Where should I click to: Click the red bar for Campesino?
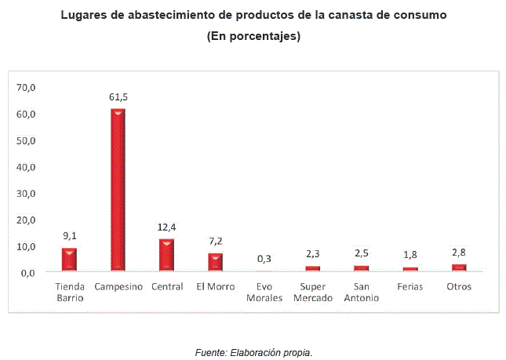point(118,190)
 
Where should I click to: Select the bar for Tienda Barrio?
point(69,260)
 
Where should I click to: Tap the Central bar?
point(166,255)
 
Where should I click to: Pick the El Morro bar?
point(215,262)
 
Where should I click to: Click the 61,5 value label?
point(118,97)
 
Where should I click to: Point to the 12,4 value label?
point(166,227)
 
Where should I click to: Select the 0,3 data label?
point(264,259)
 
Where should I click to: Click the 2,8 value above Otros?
point(459,252)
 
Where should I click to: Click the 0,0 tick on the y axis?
point(28,272)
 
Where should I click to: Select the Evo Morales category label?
point(264,292)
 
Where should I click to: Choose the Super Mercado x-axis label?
point(313,292)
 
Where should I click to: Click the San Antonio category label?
point(362,292)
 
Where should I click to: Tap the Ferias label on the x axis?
point(410,286)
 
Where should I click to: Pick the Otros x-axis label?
point(458,286)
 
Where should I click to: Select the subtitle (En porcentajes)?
point(253,36)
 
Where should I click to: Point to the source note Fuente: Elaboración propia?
point(253,352)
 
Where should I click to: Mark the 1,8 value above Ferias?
point(410,254)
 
